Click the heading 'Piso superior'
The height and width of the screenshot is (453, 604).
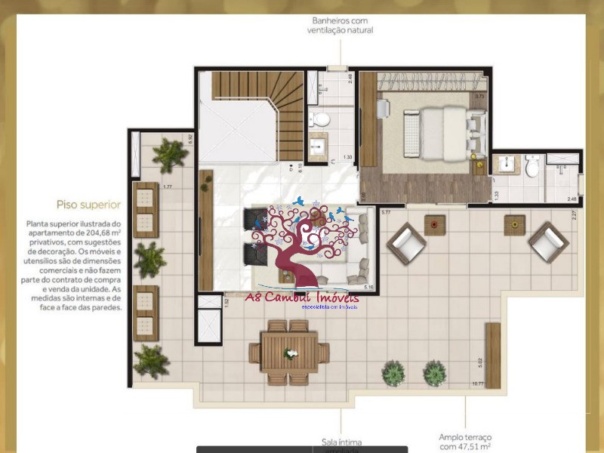click(88, 204)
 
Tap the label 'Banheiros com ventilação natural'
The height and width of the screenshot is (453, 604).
click(340, 25)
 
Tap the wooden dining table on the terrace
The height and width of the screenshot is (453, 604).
click(289, 352)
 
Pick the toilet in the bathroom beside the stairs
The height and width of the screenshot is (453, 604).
click(321, 119)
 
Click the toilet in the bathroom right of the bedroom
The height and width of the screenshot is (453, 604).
click(532, 167)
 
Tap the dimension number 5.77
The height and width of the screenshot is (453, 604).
click(386, 213)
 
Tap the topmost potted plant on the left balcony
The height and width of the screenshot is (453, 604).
click(169, 155)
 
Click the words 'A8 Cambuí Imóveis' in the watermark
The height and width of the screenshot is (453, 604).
click(301, 296)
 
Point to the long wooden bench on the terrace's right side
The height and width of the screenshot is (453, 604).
click(493, 355)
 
